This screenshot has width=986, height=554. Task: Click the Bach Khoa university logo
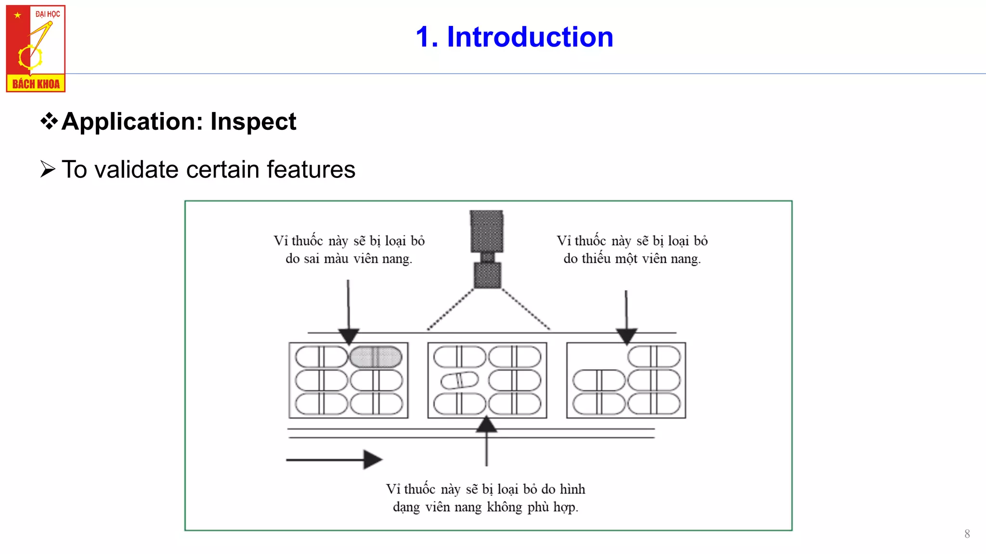point(36,49)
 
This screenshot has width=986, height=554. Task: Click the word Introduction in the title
point(530,37)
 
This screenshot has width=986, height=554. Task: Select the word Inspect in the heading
point(253,121)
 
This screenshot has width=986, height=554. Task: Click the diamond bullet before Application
point(49,121)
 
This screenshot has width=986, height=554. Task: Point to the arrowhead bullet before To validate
point(48,169)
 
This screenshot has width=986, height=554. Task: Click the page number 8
point(967,534)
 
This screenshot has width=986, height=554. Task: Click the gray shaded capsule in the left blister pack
point(376,357)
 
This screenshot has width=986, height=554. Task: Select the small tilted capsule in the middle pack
point(459,380)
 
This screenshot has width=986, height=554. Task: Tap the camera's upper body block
point(487,231)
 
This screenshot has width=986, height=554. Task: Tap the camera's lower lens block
point(487,275)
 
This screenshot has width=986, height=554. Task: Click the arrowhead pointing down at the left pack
point(349,336)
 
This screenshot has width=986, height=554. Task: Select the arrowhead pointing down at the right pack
point(626,336)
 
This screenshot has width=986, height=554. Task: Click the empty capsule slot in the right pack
point(598,357)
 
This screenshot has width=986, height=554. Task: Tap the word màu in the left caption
point(336,259)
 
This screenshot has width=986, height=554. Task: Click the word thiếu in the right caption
point(596,259)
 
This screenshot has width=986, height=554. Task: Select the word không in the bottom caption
point(504,507)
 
